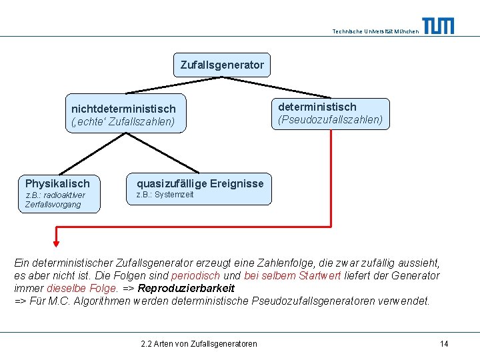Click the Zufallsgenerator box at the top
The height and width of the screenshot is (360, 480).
222,65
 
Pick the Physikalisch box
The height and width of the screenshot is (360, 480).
58,193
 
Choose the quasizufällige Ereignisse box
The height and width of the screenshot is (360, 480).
200,188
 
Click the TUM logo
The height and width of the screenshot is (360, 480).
438,26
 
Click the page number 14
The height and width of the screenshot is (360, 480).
444,343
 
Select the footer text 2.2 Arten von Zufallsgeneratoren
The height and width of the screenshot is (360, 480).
199,343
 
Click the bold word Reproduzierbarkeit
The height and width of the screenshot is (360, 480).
186,289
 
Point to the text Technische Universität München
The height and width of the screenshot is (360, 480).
375,31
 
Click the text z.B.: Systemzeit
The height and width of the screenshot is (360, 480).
165,195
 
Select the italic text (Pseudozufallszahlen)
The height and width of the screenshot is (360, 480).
330,120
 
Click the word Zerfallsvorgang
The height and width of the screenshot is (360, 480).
53,205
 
